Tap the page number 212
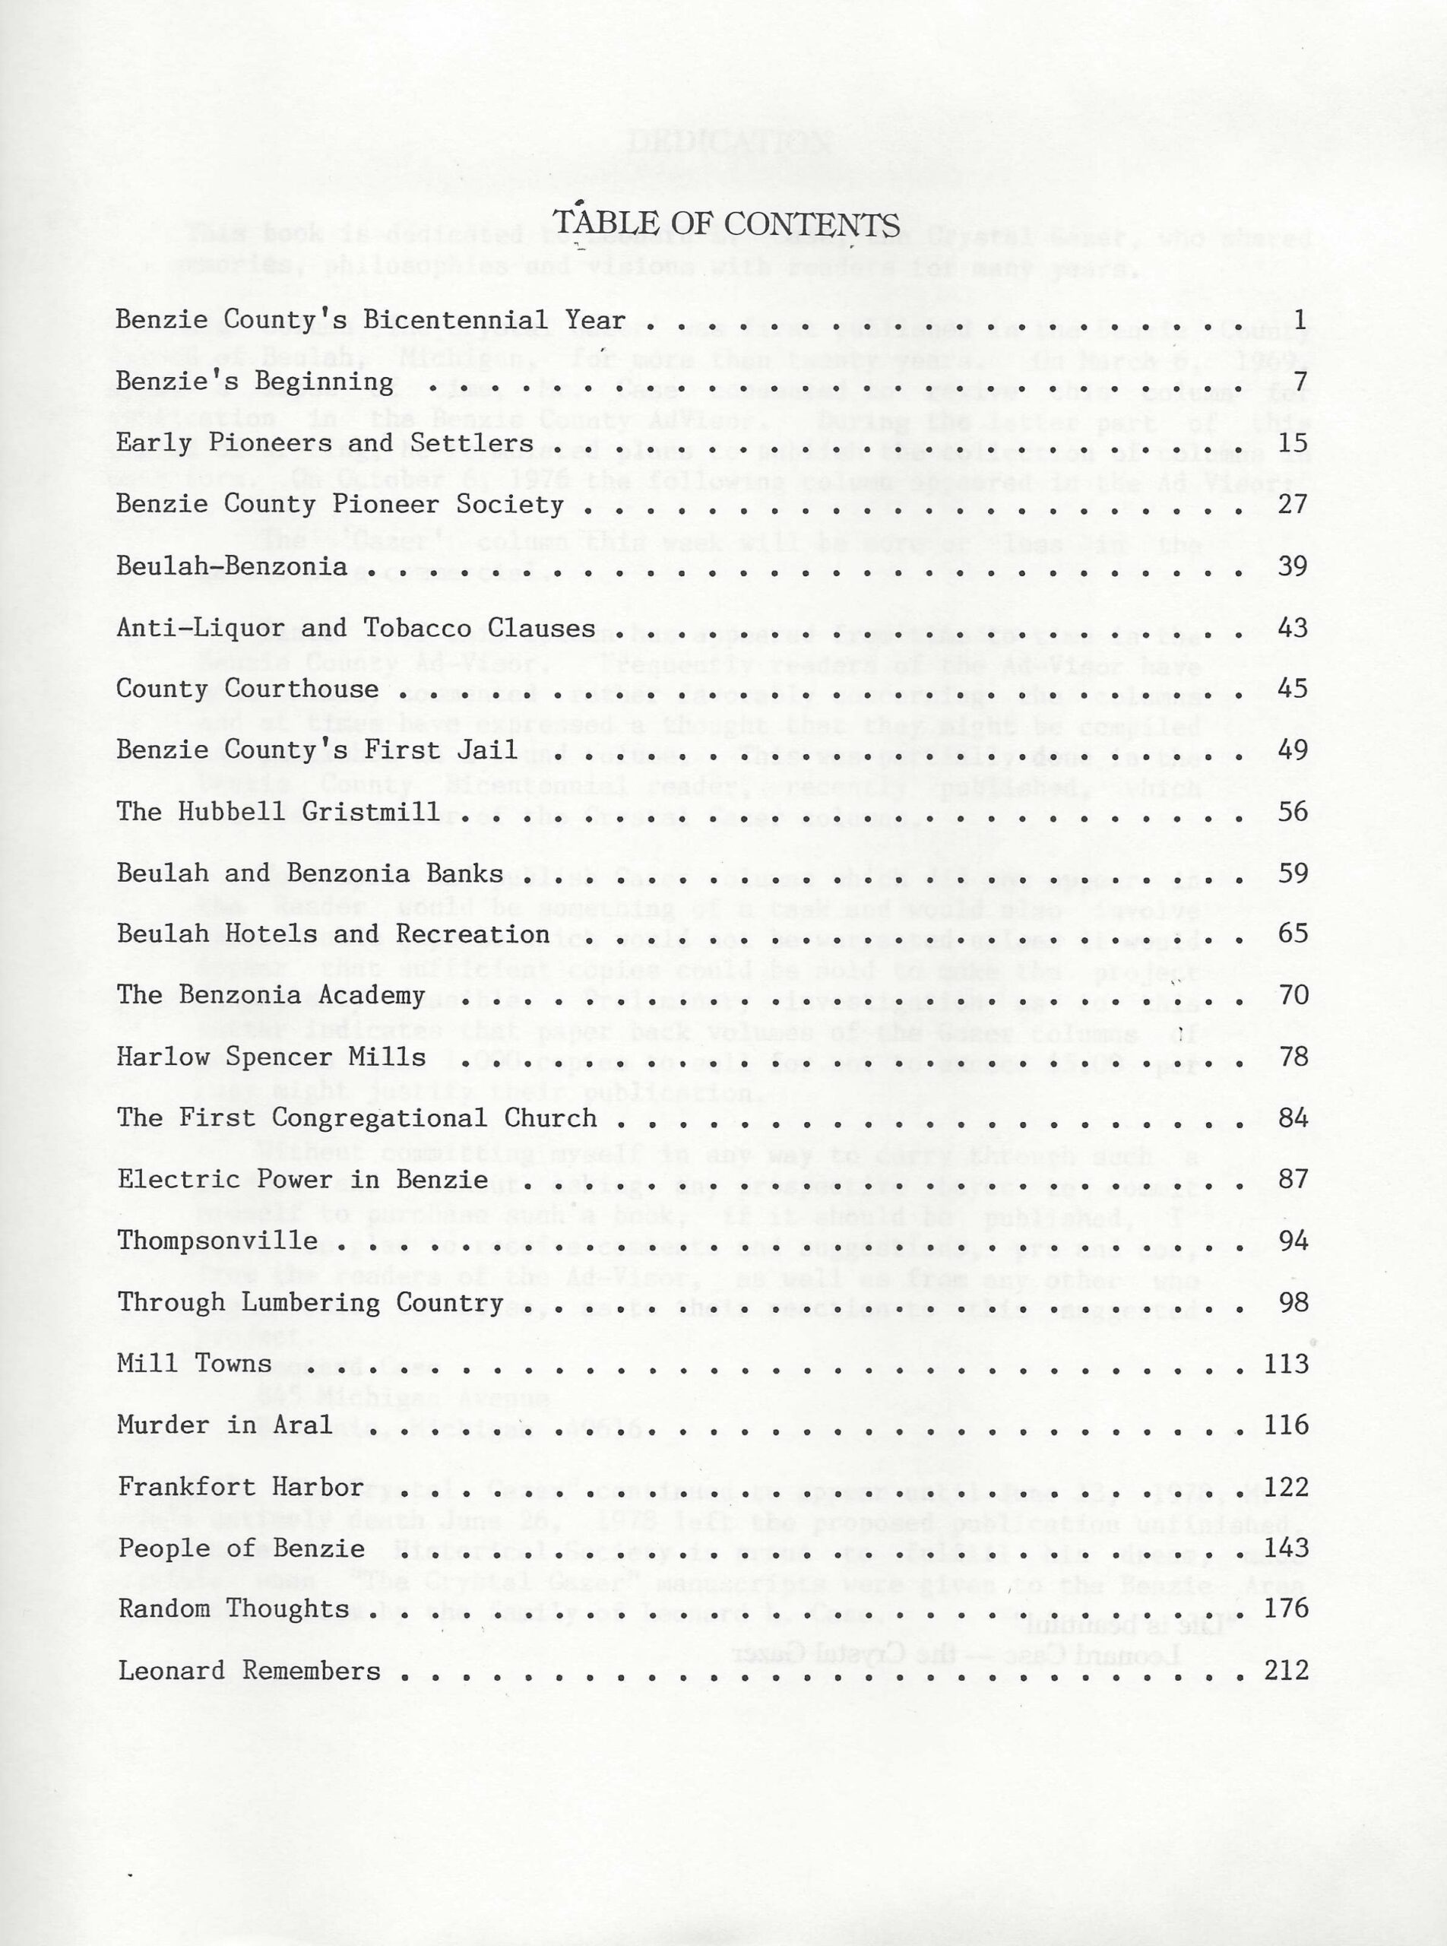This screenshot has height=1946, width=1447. click(x=1286, y=1670)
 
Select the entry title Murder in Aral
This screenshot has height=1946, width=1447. click(x=225, y=1425)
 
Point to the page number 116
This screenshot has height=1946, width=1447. click(x=1286, y=1425)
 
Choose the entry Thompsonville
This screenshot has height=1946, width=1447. click(x=217, y=1241)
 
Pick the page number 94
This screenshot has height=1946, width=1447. click(x=1293, y=1241)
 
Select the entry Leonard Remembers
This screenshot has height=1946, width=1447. click(x=249, y=1671)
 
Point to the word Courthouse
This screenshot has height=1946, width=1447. click(x=302, y=689)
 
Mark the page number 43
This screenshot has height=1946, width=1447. click(x=1293, y=628)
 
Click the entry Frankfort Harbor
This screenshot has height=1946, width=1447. click(x=241, y=1487)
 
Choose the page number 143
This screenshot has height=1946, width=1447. click(x=1286, y=1548)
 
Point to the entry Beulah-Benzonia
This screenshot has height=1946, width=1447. click(x=232, y=567)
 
